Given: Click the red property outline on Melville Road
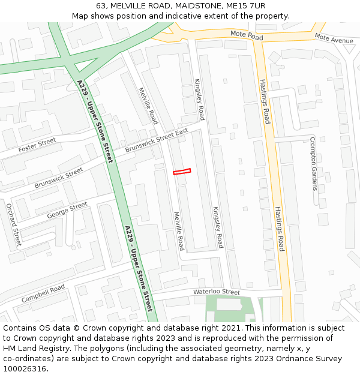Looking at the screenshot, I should (182, 172).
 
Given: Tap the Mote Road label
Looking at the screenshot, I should (247, 36).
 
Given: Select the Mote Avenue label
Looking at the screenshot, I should (334, 40).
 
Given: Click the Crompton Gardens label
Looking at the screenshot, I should (313, 163).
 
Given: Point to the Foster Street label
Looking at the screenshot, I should (37, 145).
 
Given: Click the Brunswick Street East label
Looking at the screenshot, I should (157, 141).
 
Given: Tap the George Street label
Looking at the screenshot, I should (67, 209).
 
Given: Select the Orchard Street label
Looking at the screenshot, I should (13, 225).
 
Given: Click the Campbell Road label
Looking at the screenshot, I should (43, 293).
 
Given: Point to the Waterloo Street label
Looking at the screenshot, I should (216, 292).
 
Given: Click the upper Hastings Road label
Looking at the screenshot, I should (264, 101).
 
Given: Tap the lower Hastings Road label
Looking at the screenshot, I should (280, 229).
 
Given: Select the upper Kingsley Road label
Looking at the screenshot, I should (199, 99).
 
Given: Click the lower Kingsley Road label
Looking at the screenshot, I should (218, 227).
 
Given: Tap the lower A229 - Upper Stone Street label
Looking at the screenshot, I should (139, 268).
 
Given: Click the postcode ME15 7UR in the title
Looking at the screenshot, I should (243, 5).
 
